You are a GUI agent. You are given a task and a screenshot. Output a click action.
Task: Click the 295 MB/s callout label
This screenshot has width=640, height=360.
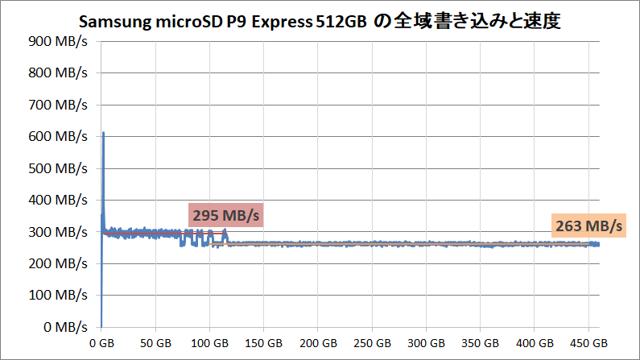pos(227,215)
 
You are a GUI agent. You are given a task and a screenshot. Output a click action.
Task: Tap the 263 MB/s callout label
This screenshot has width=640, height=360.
pos(588,226)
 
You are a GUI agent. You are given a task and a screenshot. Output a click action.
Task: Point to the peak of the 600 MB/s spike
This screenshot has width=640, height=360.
pos(103,134)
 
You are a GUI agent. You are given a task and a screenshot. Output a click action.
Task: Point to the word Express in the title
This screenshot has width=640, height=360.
pos(279,19)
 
